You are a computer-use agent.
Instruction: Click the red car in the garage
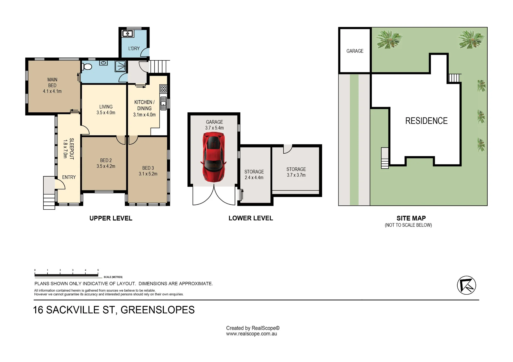[x=213, y=157]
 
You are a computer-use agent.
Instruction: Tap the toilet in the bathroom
[x=87, y=67]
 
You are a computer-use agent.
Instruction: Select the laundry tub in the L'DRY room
[x=127, y=34]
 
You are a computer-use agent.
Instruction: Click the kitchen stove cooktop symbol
[x=163, y=89]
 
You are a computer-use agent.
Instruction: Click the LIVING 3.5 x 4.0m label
[x=106, y=110]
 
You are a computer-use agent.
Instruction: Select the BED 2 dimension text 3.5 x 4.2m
[x=106, y=166]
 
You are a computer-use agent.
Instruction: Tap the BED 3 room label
[x=148, y=168]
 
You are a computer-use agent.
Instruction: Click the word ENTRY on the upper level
[x=69, y=177]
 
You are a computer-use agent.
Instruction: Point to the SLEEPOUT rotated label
[x=72, y=149]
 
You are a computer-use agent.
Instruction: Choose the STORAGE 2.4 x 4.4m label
[x=254, y=175]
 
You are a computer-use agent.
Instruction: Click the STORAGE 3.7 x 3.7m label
[x=296, y=172]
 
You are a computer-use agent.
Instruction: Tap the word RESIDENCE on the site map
[x=426, y=121]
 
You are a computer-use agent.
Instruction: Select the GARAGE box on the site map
[x=355, y=50]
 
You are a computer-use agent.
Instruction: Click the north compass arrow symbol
[x=467, y=285]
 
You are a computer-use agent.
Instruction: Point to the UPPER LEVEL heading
[x=111, y=218]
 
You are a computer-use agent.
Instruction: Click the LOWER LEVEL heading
[x=251, y=218]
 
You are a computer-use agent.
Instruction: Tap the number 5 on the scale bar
[x=98, y=270]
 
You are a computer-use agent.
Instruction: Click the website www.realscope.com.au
[x=251, y=334]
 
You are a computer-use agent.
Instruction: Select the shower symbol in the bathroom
[x=121, y=66]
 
